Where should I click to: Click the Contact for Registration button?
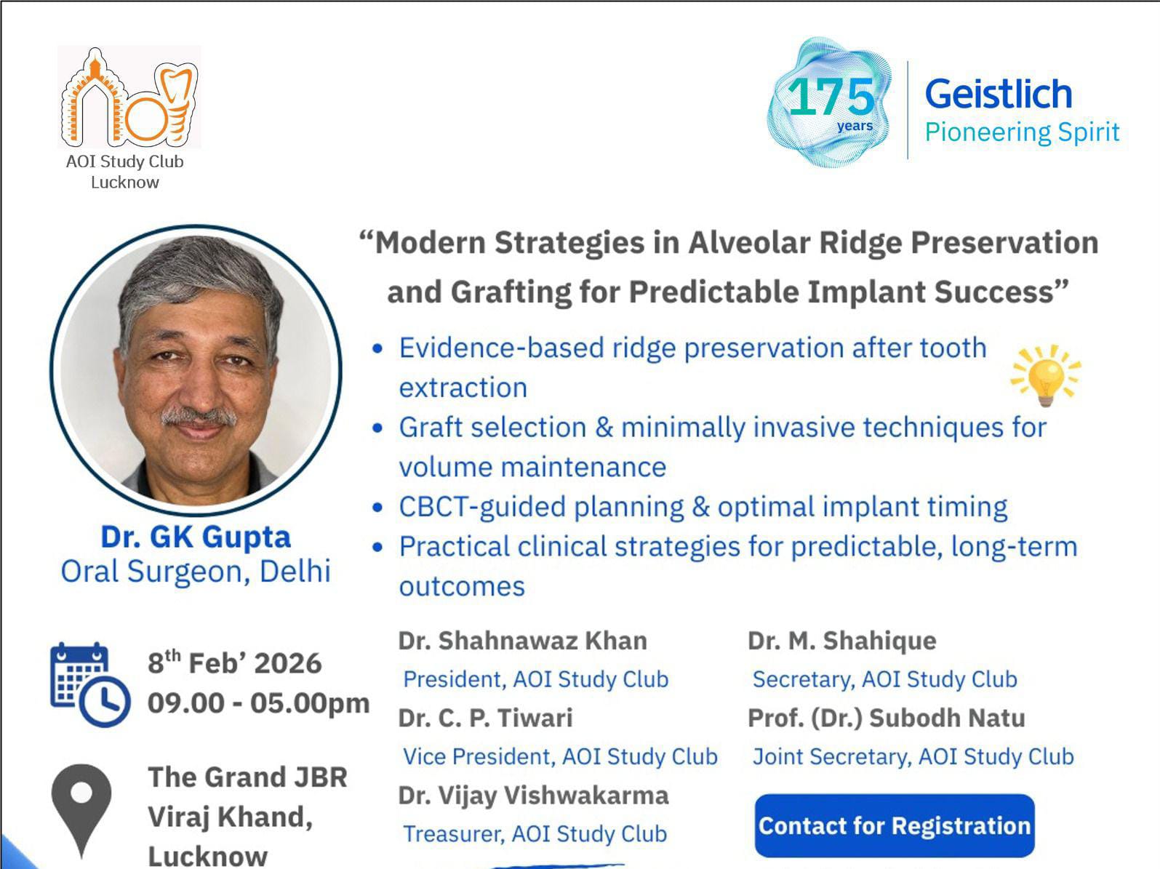pos(894,825)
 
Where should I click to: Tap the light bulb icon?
pos(1046,376)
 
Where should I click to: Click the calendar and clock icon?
pos(90,684)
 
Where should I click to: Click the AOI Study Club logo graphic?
pos(129,97)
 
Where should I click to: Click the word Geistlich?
pos(999,94)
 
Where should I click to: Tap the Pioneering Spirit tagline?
pos(1022,132)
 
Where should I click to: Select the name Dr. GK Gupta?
pos(196,537)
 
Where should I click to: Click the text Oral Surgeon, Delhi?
pos(196,572)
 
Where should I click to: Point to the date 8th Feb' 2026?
pos(235,662)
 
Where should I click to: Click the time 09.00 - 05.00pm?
pos(258,704)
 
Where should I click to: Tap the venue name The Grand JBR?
pos(247,777)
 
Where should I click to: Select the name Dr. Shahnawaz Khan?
pos(523,641)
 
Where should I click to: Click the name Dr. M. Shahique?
pos(842,641)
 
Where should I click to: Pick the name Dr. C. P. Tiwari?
pos(486,718)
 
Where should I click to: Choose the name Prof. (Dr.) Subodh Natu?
pos(887,718)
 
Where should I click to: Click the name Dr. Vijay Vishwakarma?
pos(534,796)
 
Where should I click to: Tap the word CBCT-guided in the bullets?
pos(482,507)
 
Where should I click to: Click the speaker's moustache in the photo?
pos(199,416)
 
